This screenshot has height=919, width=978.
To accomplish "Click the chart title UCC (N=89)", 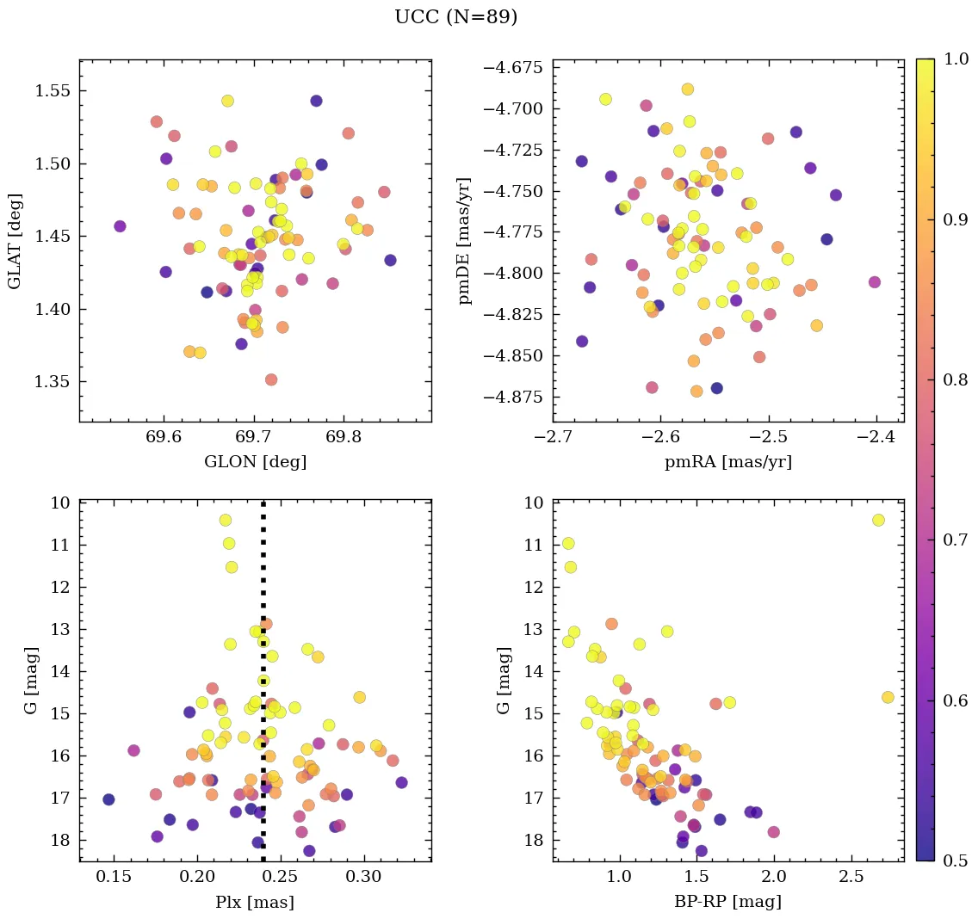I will pos(455,17).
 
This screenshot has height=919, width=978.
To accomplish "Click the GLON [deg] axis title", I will pos(255,462).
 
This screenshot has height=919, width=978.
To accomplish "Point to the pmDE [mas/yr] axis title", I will pos(465,240).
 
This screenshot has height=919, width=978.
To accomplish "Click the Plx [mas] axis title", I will pos(255,903).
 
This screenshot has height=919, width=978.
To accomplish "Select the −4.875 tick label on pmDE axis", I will pos(511,398).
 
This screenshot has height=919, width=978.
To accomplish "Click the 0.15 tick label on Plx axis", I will pos(115,877).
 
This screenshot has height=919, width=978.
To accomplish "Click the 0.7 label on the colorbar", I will pos(954,540).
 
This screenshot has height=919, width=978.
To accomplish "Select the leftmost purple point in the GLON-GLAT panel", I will pos(120,226).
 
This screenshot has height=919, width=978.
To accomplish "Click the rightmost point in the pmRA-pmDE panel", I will pos(875,282).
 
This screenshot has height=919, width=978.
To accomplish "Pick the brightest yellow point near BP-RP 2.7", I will pos(878,520).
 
